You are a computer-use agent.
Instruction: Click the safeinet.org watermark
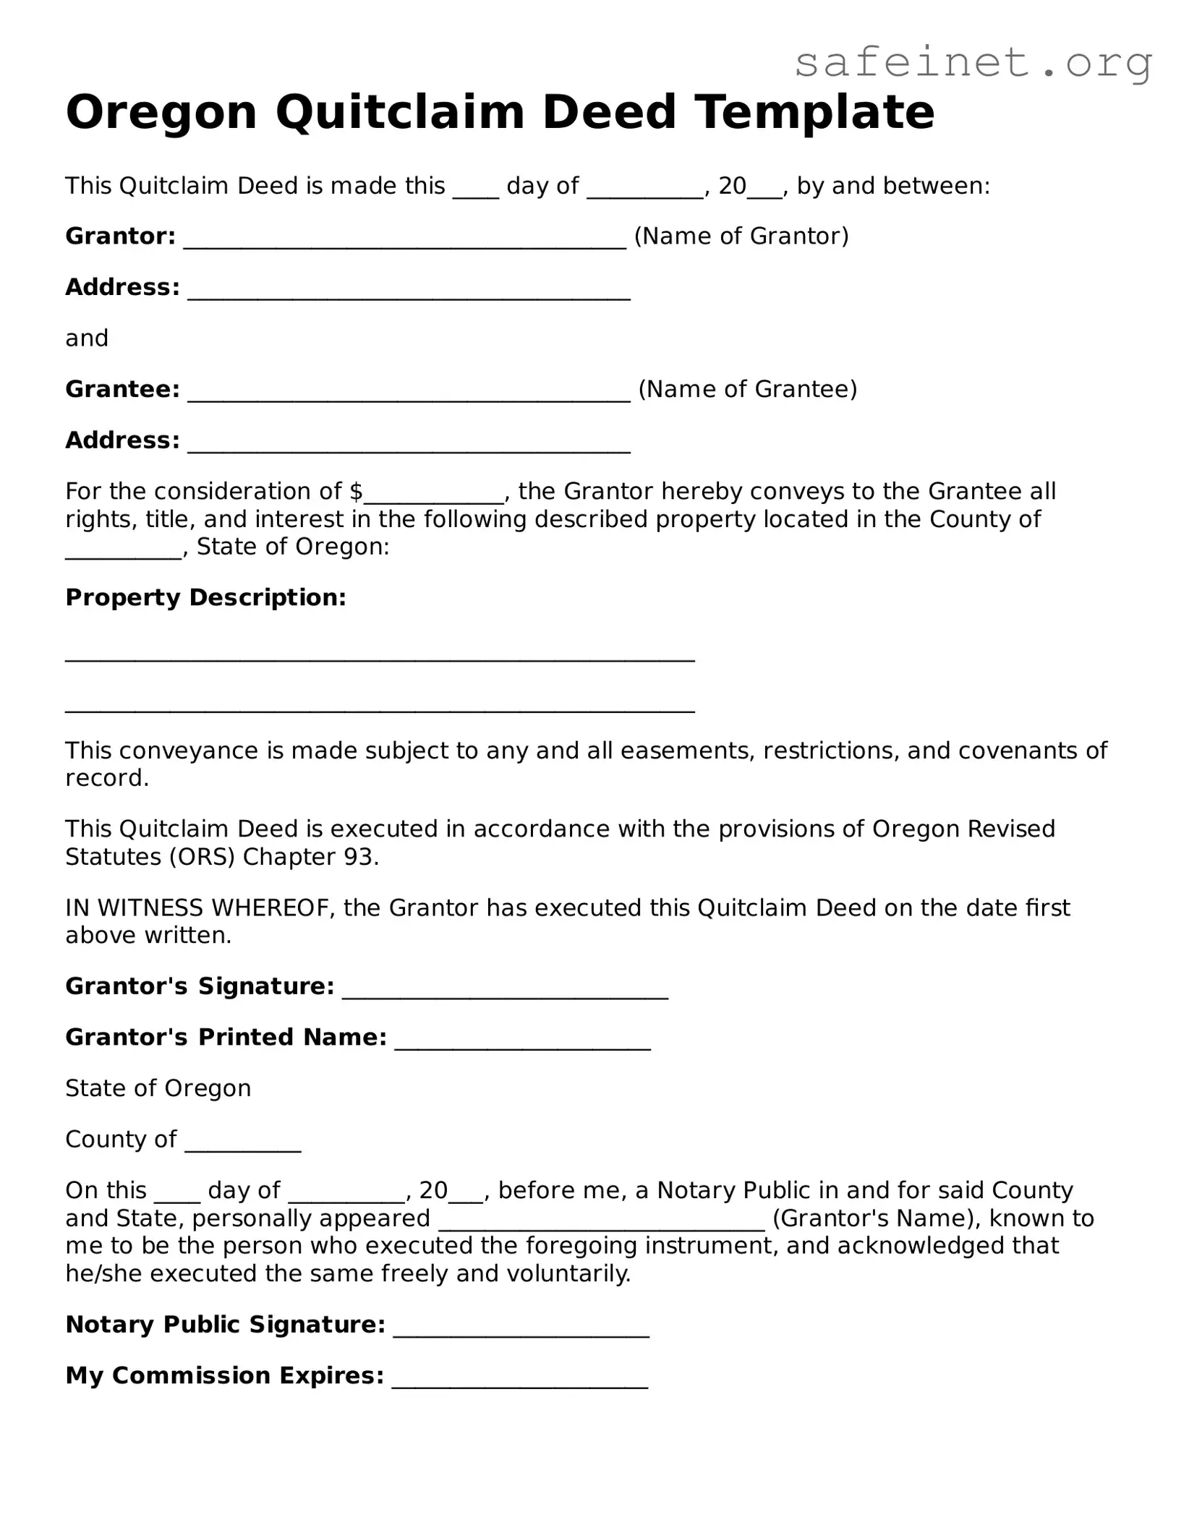tap(973, 64)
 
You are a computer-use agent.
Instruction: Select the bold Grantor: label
tap(120, 236)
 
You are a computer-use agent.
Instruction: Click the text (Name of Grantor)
tap(741, 236)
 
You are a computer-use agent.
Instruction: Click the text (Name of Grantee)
tap(747, 390)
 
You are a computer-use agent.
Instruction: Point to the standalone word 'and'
tap(87, 338)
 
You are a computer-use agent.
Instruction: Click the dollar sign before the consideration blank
tap(356, 492)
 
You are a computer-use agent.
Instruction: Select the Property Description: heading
tap(205, 598)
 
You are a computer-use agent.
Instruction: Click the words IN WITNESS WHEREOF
tap(200, 908)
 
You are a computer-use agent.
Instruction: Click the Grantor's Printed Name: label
tap(226, 1038)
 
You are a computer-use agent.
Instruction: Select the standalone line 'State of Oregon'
tap(158, 1089)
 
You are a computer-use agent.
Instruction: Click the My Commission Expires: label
tap(224, 1375)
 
